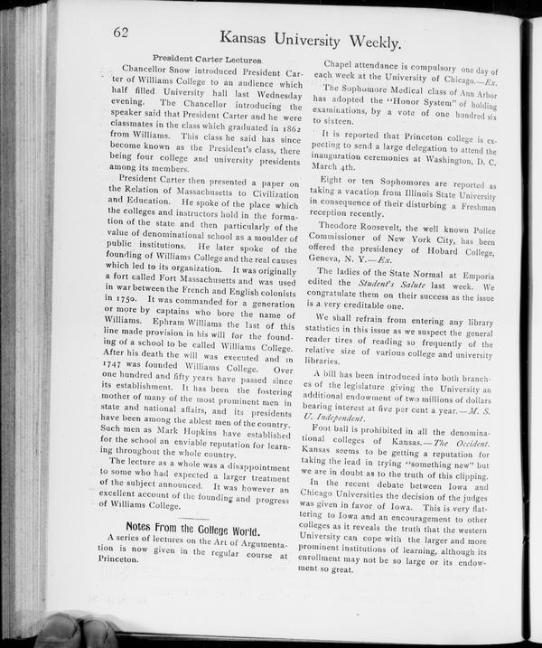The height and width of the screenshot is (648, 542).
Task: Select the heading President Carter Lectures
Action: point(208,59)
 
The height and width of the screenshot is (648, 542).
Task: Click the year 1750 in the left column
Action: point(121,297)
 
